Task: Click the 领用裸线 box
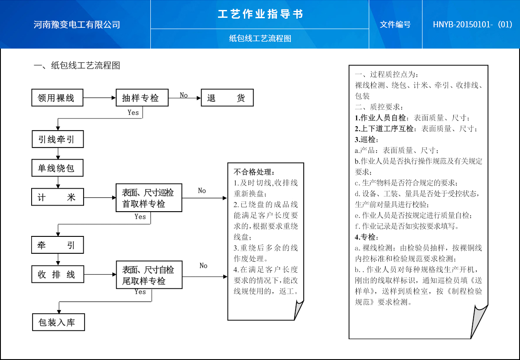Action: [x=58, y=98]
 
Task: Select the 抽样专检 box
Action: [x=142, y=98]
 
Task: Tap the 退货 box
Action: [x=227, y=98]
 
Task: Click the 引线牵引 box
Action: [x=58, y=139]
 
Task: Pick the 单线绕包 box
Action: [x=58, y=168]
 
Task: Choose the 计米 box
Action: [x=58, y=197]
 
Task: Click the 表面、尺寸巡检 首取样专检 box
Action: [x=149, y=198]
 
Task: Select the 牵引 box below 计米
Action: [x=58, y=245]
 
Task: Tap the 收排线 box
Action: [x=58, y=274]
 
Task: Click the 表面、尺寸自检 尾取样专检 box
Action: [x=149, y=275]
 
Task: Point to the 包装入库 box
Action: [x=58, y=322]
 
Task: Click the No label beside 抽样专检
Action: [x=184, y=95]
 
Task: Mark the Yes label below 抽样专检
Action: [x=133, y=112]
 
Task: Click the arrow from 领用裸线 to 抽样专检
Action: [x=99, y=98]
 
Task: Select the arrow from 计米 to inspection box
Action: [x=99, y=198]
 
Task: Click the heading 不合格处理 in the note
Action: [x=254, y=171]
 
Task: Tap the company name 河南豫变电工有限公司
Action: [x=77, y=25]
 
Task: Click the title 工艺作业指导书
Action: [x=260, y=14]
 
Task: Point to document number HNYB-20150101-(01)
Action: [x=472, y=25]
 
